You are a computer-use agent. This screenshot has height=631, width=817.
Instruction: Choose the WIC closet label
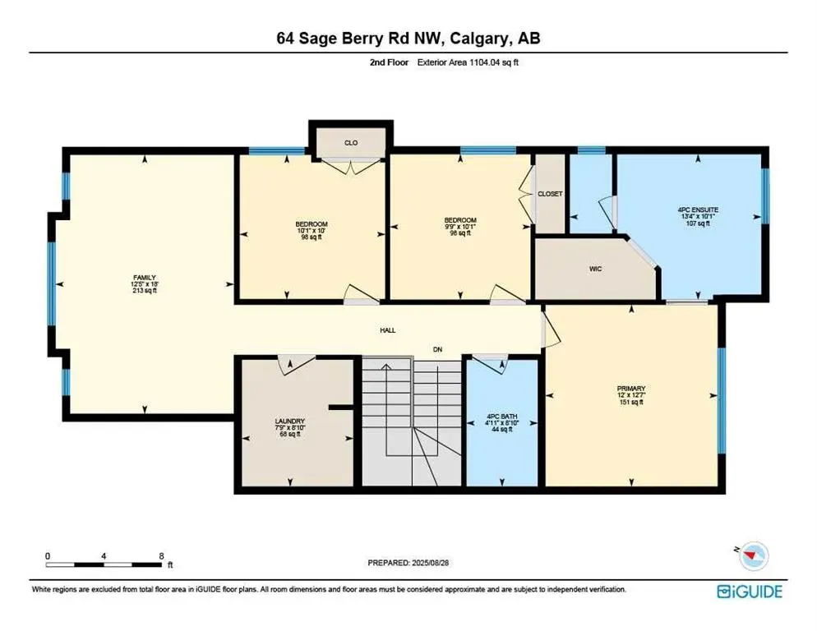(x=598, y=269)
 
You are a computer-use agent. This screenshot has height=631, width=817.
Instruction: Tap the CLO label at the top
(x=350, y=141)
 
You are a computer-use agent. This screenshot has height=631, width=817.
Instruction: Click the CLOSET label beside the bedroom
(x=550, y=194)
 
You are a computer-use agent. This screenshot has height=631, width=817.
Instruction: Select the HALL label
(x=387, y=330)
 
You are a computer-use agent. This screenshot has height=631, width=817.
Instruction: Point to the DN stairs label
(x=439, y=350)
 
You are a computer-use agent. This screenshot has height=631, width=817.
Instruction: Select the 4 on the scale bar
(x=104, y=556)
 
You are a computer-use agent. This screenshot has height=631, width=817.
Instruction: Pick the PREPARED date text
(x=408, y=563)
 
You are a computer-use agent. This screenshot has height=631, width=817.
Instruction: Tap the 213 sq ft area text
(x=145, y=291)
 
